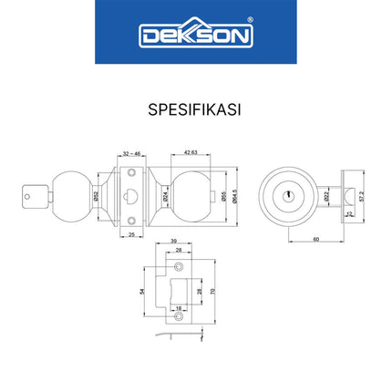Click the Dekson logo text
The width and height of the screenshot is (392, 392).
[195, 34]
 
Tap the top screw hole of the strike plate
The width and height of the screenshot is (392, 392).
[180, 268]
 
